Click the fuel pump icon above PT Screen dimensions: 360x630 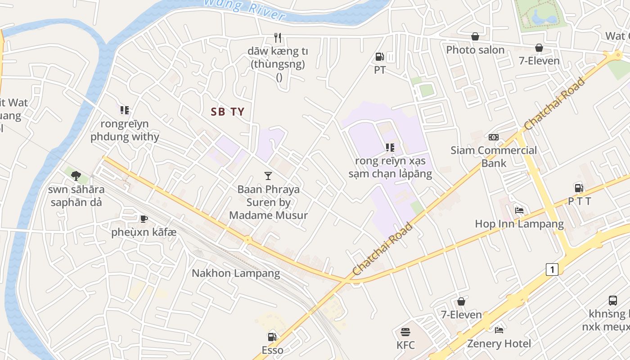(x=379, y=57)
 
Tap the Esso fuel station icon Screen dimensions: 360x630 (x=272, y=337)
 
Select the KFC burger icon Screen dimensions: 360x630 (x=405, y=332)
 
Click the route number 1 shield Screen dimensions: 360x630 (x=552, y=270)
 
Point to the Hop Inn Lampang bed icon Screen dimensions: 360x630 (x=519, y=210)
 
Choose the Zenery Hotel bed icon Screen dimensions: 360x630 (x=499, y=330)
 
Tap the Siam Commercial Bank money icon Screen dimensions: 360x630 (x=494, y=137)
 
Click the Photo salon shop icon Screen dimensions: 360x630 (x=475, y=36)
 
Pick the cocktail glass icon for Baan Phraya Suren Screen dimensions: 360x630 (x=268, y=176)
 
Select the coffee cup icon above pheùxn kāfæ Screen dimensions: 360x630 (x=144, y=219)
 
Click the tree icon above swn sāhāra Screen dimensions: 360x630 (x=76, y=175)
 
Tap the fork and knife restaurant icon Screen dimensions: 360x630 (x=278, y=38)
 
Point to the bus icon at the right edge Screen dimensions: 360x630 (x=612, y=300)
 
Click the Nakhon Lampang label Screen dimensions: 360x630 (x=236, y=273)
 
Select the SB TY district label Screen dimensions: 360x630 (x=228, y=112)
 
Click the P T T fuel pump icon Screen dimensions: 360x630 (x=579, y=188)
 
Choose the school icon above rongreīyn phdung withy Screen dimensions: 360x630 (x=125, y=110)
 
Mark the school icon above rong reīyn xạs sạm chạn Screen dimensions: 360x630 (x=390, y=147)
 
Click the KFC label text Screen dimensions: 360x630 (x=405, y=346)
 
